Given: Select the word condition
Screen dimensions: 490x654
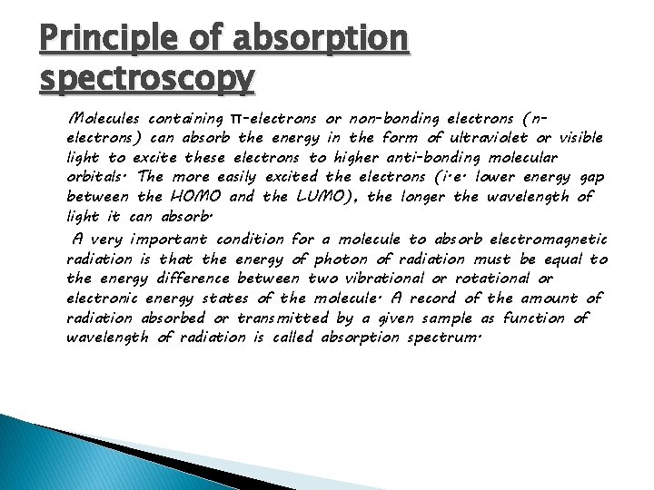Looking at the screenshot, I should [250, 240].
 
